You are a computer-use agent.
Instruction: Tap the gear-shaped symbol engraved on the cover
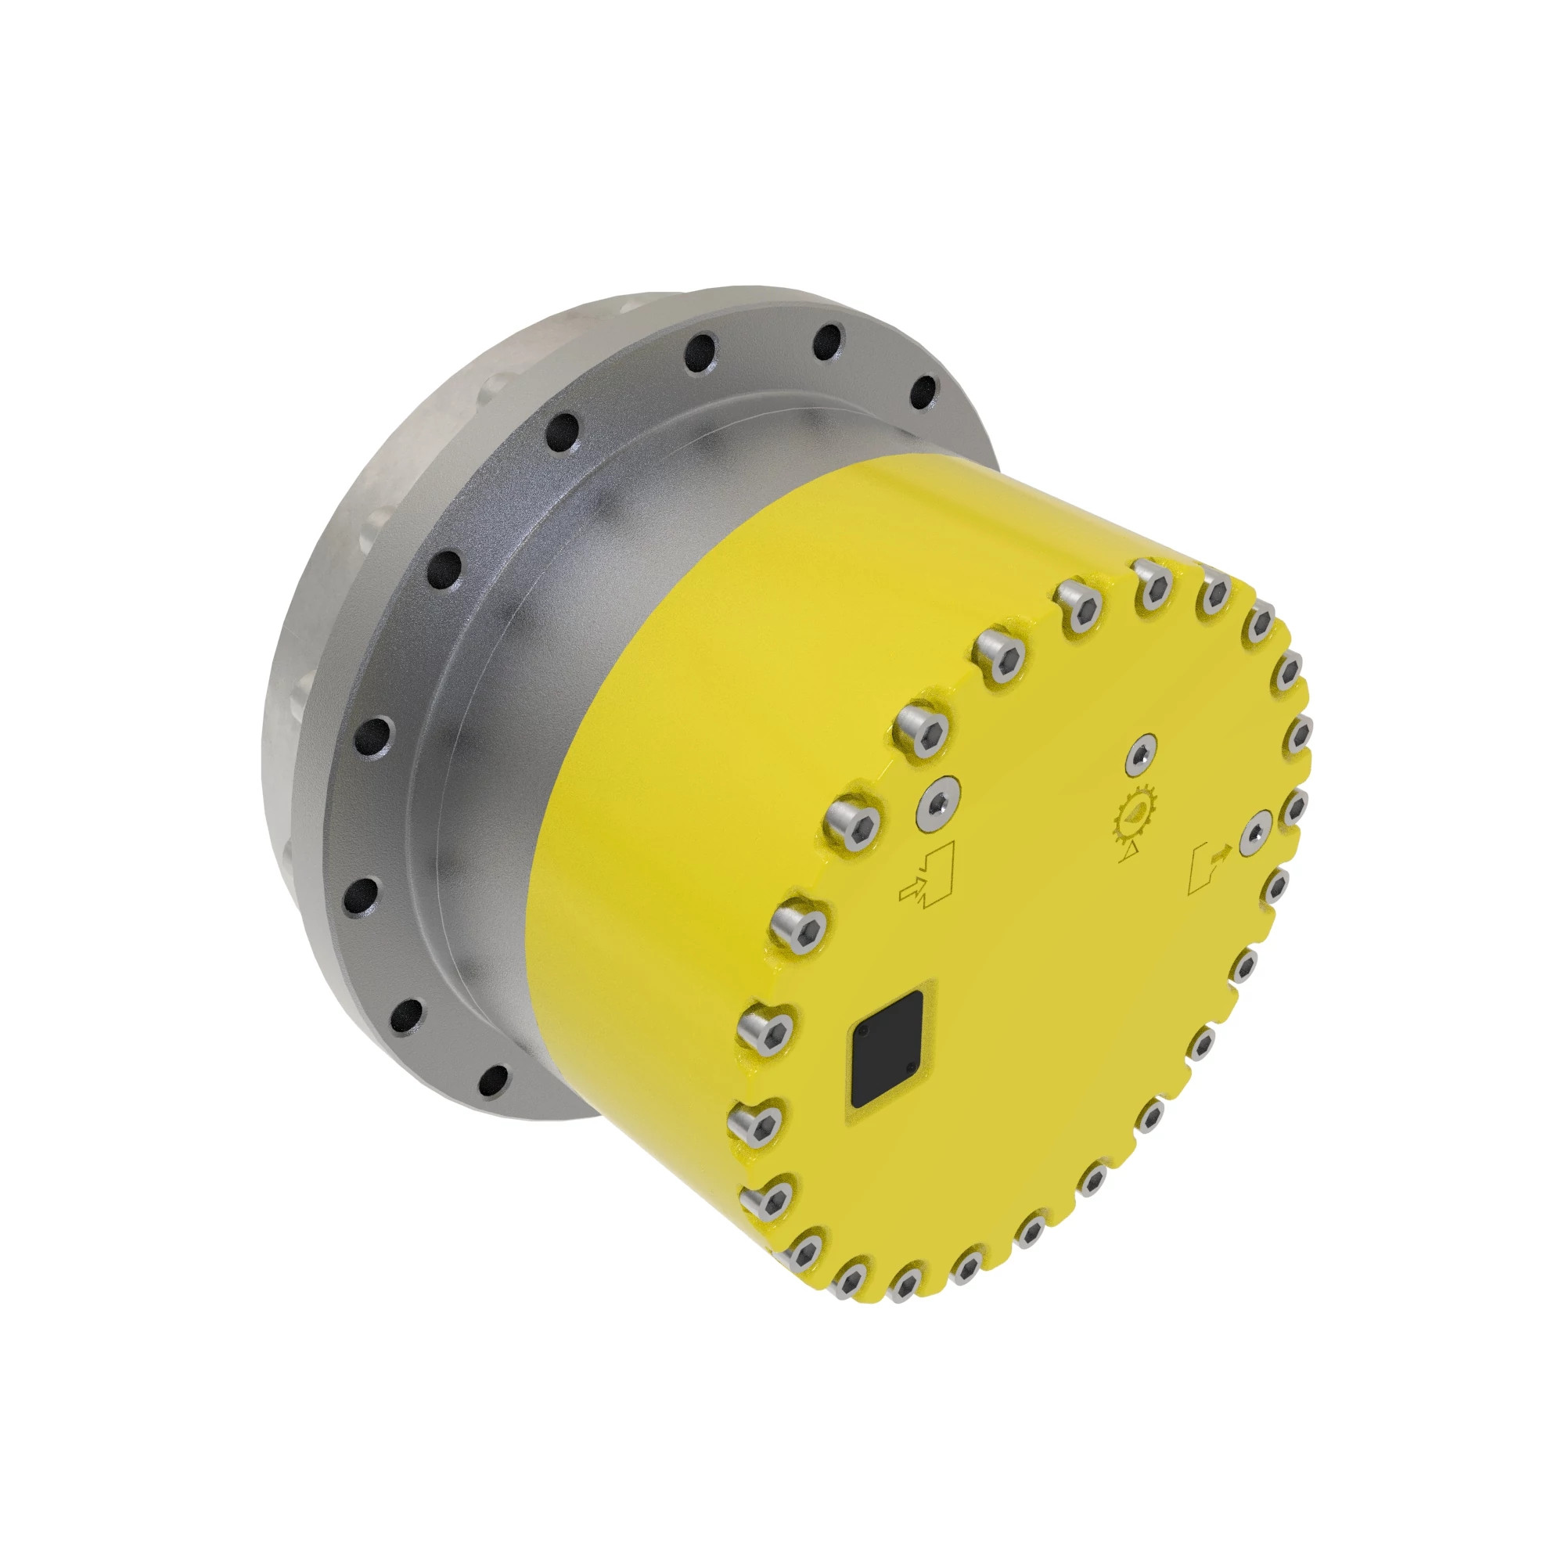coord(1135,815)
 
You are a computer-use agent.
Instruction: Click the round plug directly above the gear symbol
coord(1142,754)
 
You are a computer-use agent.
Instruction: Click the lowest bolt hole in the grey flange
coord(494,1078)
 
